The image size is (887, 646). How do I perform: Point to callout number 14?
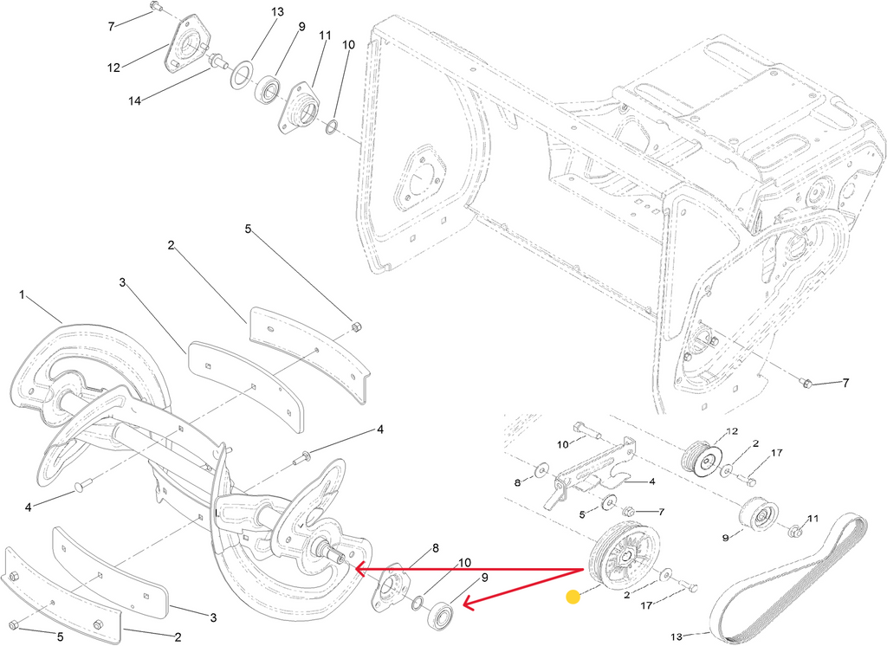[x=134, y=100]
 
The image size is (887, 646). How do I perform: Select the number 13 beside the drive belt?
[x=677, y=636]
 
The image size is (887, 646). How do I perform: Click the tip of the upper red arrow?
[x=353, y=568]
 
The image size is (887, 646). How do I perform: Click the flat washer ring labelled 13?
[x=241, y=74]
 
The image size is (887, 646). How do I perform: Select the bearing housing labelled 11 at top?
[x=301, y=108]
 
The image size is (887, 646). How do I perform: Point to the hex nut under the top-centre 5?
[x=356, y=326]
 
